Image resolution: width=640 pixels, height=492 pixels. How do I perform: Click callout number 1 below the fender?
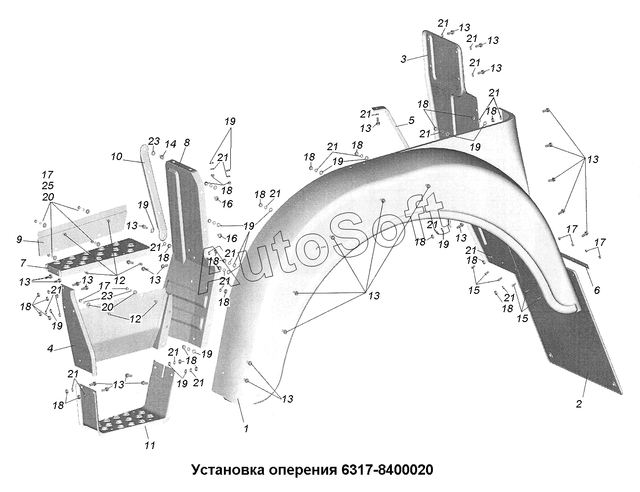246,429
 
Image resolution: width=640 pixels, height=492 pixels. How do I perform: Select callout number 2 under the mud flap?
579,404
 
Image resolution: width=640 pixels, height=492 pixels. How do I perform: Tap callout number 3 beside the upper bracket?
403,59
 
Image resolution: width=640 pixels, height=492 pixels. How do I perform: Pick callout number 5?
411,120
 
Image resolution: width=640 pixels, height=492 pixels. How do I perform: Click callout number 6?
597,290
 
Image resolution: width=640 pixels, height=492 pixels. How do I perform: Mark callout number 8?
186,143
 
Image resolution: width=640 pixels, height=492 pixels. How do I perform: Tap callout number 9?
19,240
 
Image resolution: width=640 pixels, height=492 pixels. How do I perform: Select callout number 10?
116,157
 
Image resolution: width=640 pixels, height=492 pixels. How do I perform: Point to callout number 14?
170,144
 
